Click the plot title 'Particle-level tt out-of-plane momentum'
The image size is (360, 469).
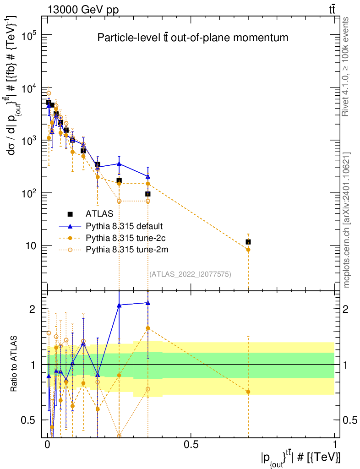pyautogui.click(x=193, y=38)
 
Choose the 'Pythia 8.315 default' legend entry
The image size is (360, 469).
pyautogui.click(x=124, y=226)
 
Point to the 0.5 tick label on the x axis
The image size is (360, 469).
pyautogui.click(x=191, y=445)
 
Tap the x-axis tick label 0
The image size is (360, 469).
pyautogui.click(x=48, y=445)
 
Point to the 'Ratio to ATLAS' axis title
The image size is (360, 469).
pyautogui.click(x=15, y=364)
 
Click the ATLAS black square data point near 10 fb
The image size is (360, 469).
pyautogui.click(x=248, y=241)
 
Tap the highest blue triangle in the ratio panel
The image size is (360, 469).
pyautogui.click(x=147, y=303)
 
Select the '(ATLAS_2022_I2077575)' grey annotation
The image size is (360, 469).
pyautogui.click(x=190, y=274)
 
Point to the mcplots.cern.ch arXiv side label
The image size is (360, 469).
pyautogui.click(x=347, y=220)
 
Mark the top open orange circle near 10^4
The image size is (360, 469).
pyautogui.click(x=49, y=93)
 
